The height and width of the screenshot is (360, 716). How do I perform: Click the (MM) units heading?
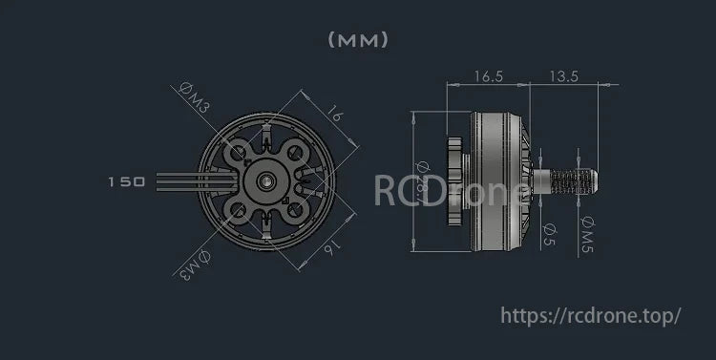pos(358,40)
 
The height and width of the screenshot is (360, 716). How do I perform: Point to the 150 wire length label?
pos(126,180)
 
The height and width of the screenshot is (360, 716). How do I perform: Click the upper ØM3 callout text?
pos(195,98)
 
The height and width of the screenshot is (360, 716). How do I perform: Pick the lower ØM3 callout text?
pos(193,265)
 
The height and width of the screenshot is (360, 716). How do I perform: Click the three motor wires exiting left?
pos(177,180)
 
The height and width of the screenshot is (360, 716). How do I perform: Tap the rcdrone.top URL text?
pos(590,314)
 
